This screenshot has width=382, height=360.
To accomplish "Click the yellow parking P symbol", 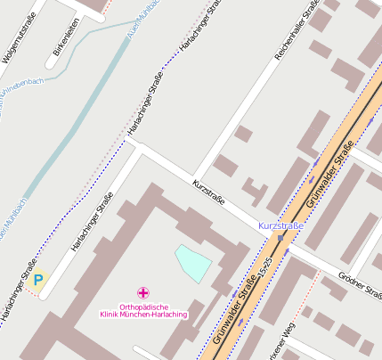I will click(x=37, y=280).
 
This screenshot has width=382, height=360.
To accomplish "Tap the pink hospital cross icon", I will click(x=142, y=292).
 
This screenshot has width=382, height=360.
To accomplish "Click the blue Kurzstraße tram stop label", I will click(x=280, y=226).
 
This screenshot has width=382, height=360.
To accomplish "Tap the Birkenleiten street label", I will click(x=61, y=36).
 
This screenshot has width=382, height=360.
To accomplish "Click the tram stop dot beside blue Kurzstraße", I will click(x=280, y=238).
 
